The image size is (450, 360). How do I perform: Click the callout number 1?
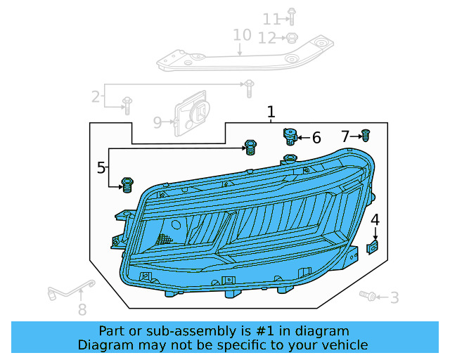(x=271, y=112)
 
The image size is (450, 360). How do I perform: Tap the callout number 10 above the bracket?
(x=242, y=35)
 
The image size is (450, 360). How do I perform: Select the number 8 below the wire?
(x=82, y=309)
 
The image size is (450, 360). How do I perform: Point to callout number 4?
(x=375, y=220)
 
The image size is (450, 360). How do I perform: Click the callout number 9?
(x=158, y=123)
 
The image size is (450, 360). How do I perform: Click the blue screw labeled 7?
(x=366, y=135)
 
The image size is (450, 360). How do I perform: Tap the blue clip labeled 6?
(x=289, y=134)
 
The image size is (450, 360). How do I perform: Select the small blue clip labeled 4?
(x=374, y=246)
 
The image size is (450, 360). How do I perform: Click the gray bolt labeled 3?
(x=367, y=297)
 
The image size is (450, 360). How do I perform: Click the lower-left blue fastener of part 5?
(x=127, y=184)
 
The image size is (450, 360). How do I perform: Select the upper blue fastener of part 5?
(x=250, y=147)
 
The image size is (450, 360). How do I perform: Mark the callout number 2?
(x=96, y=97)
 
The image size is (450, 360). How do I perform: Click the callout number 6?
(x=316, y=138)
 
